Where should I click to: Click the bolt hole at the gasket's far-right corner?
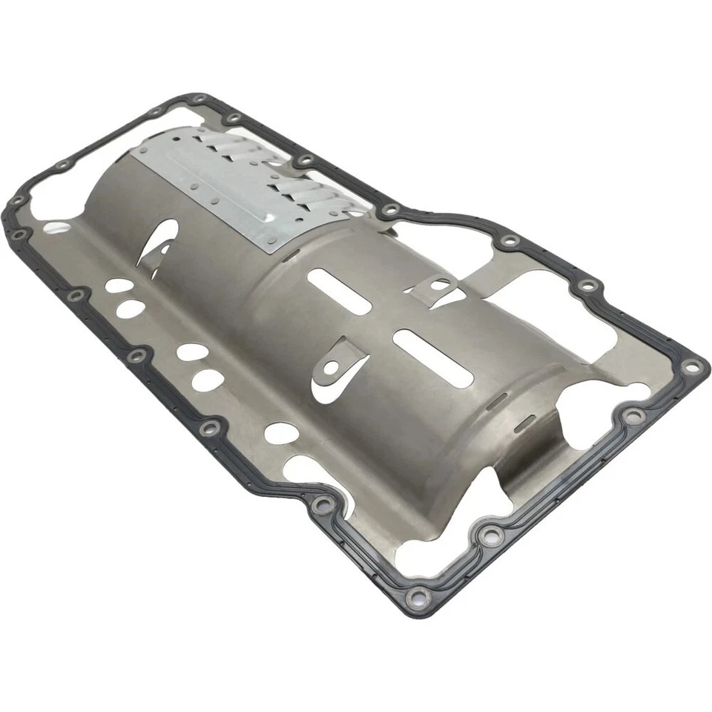[x=693, y=365]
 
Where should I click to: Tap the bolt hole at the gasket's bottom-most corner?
[x=419, y=595]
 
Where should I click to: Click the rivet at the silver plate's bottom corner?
[x=271, y=240]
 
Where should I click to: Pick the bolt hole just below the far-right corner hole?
[x=631, y=416]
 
